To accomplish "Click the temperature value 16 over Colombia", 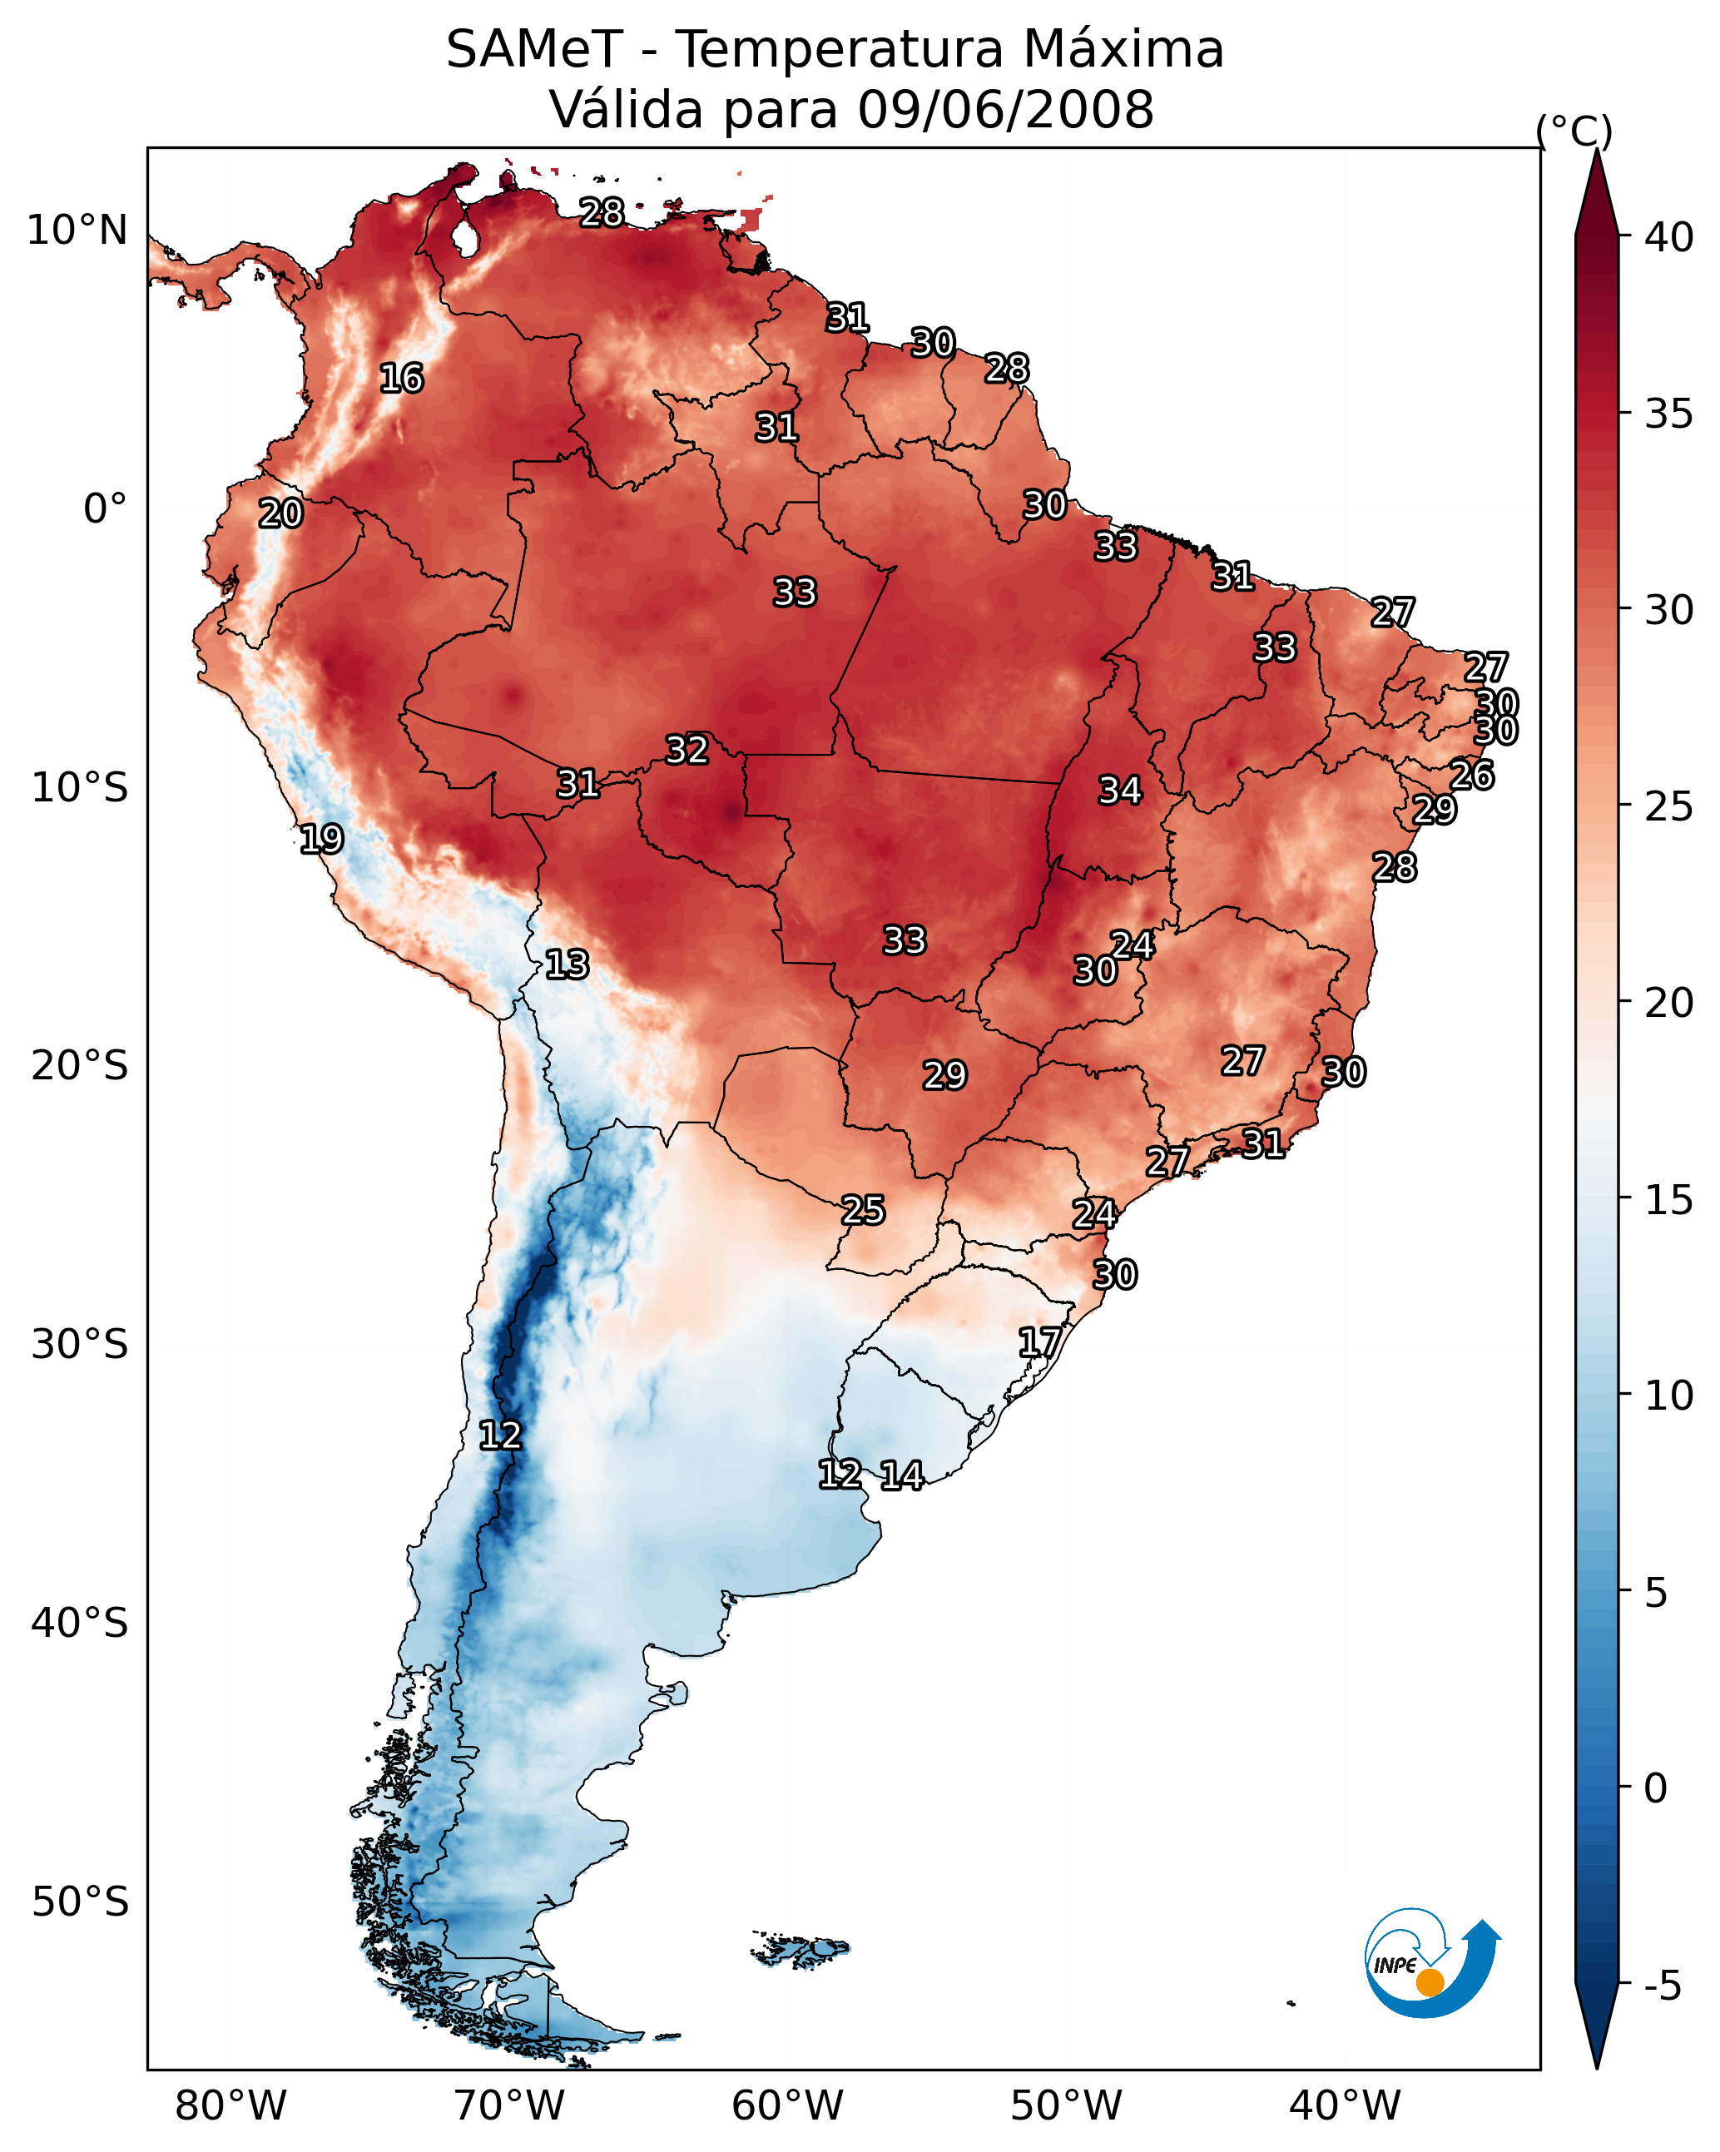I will pyautogui.click(x=401, y=379).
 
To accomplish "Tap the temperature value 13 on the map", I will pyautogui.click(x=567, y=964).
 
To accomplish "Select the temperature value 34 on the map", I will pyautogui.click(x=1120, y=791).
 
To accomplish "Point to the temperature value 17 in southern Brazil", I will pyautogui.click(x=1039, y=1341).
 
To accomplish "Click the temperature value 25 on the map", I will pyautogui.click(x=862, y=1210).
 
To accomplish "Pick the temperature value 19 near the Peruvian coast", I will pyautogui.click(x=321, y=839).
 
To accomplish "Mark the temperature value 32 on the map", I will pyautogui.click(x=687, y=750).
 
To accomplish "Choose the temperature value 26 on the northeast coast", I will pyautogui.click(x=1471, y=775).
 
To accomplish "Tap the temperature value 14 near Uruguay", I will pyautogui.click(x=901, y=1475).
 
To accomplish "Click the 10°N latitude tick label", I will pyautogui.click(x=77, y=231).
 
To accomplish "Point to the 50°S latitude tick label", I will pyautogui.click(x=80, y=1902).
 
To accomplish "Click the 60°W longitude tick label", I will pyautogui.click(x=788, y=2104).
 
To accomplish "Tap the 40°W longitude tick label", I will pyautogui.click(x=1345, y=2104).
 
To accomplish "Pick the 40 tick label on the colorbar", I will pyautogui.click(x=1669, y=237).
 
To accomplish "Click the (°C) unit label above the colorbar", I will pyautogui.click(x=1574, y=131).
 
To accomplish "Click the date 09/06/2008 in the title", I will pyautogui.click(x=1005, y=109).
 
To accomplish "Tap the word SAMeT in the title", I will pyautogui.click(x=534, y=50).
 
